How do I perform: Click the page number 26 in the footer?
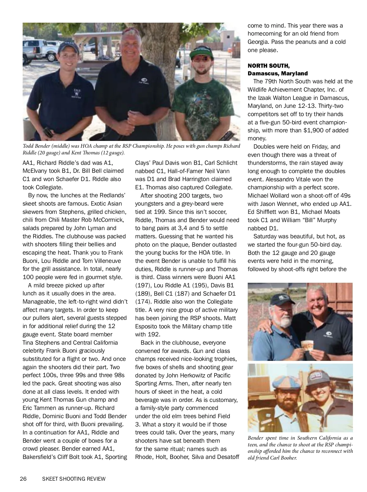[23, 479]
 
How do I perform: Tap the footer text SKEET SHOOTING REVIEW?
[74, 479]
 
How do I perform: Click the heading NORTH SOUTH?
[269, 66]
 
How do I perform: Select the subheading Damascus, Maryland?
[277, 74]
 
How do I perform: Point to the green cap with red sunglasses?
[201, 55]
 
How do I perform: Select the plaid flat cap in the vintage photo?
[283, 382]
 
